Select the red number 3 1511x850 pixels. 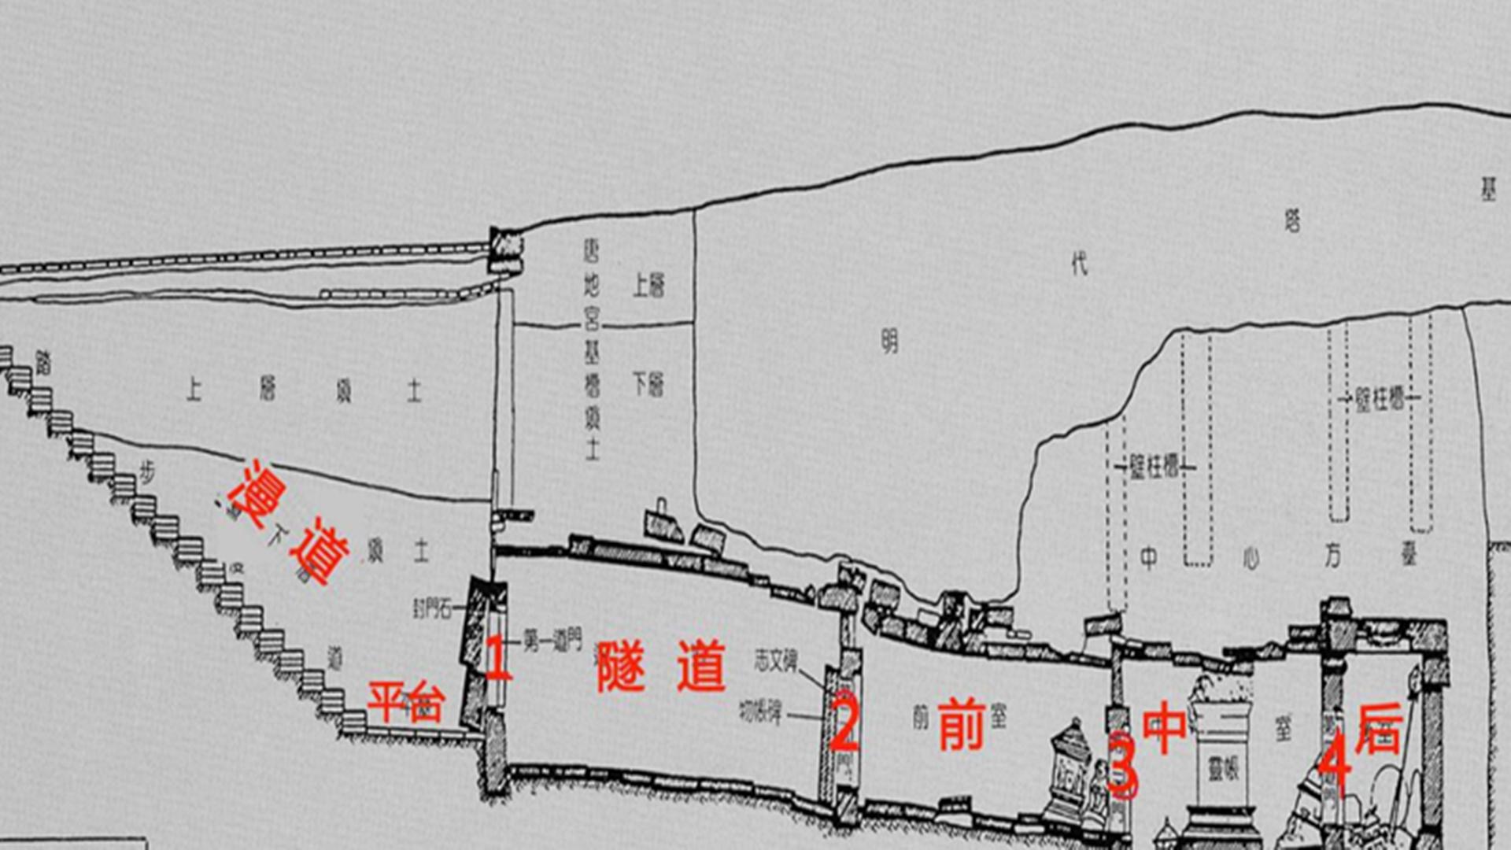click(x=1122, y=764)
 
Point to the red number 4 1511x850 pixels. click(x=1335, y=762)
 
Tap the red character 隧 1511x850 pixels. click(x=621, y=666)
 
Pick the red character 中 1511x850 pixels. click(x=1164, y=727)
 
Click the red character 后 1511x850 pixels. click(x=1380, y=728)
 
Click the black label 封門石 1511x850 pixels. click(x=434, y=608)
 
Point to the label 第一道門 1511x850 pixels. click(x=552, y=641)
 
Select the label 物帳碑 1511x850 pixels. click(x=760, y=713)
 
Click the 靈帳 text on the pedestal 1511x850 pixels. click(x=1223, y=768)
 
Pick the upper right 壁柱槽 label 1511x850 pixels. click(x=1379, y=399)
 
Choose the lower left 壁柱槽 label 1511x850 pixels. click(x=1154, y=468)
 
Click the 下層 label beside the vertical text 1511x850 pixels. click(x=648, y=386)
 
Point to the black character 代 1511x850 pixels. click(x=1079, y=264)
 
